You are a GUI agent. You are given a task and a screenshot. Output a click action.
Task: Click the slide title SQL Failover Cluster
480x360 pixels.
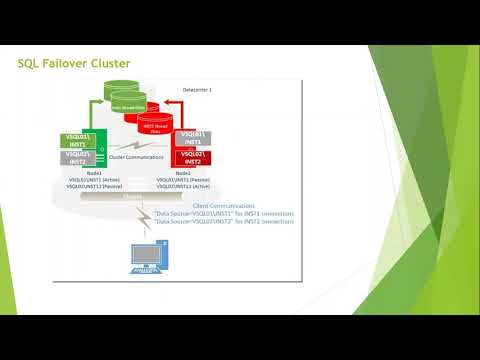point(75,64)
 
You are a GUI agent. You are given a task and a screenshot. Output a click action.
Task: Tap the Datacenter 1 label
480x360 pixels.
point(202,91)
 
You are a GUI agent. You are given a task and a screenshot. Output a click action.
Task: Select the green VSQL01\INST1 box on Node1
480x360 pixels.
point(78,138)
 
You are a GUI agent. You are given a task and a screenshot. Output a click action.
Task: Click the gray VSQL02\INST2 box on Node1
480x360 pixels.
point(78,157)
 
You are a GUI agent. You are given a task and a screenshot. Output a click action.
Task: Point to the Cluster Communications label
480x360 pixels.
point(130,157)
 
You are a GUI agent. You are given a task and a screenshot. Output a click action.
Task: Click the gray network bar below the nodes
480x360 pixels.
point(133,196)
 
